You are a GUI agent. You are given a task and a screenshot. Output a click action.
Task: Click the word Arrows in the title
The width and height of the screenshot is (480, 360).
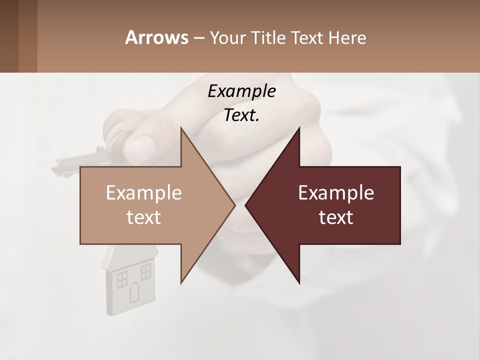pos(156,37)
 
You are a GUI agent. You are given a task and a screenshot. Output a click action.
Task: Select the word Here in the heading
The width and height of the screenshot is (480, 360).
pos(347,37)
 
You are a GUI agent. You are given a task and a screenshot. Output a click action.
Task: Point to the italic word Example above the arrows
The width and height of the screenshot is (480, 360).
pos(241,91)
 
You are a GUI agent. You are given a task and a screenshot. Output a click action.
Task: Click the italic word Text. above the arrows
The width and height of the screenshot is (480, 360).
pos(241,115)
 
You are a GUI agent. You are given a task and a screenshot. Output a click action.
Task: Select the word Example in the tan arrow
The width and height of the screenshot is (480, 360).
pos(143,193)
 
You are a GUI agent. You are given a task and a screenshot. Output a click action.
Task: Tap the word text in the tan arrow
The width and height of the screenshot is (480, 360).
pos(143,217)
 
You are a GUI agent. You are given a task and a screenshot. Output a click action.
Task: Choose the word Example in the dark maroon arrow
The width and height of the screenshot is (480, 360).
pos(336,193)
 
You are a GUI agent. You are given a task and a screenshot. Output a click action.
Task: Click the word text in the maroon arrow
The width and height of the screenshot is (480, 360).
pos(336,217)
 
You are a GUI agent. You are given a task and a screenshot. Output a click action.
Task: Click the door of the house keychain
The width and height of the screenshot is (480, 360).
pos(135,292)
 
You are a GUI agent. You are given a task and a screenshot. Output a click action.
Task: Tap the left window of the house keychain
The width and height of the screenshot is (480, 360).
pos(122,279)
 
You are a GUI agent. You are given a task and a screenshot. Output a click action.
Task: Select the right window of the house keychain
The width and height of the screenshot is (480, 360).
pos(145,272)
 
